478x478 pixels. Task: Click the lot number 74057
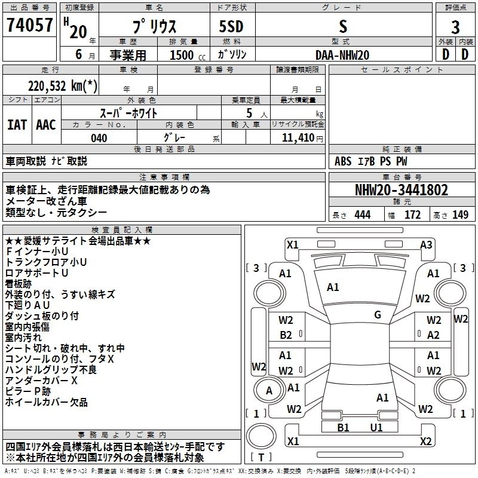pyautogui.click(x=29, y=25)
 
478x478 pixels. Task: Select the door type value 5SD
pyautogui.click(x=231, y=26)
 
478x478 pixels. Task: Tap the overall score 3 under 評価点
pyautogui.click(x=455, y=27)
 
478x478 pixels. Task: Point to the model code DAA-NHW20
pyautogui.click(x=342, y=55)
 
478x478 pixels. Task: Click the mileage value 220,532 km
pyautogui.click(x=63, y=86)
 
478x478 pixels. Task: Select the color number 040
pyautogui.click(x=99, y=138)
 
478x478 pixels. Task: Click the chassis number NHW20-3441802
pyautogui.click(x=402, y=190)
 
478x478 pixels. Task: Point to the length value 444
pyautogui.click(x=363, y=215)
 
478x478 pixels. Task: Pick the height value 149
pyautogui.click(x=460, y=215)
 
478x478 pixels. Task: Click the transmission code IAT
pyautogui.click(x=17, y=125)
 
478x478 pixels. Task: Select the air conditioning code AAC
pyautogui.click(x=46, y=125)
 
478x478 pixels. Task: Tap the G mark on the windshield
pyautogui.click(x=378, y=315)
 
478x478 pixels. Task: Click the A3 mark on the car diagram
pyautogui.click(x=426, y=245)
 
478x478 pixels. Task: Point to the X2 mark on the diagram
pyautogui.click(x=425, y=441)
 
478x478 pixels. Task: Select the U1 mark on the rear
pyautogui.click(x=376, y=428)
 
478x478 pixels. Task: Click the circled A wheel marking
pyautogui.click(x=269, y=391)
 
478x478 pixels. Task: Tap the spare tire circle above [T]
pyautogui.click(x=261, y=436)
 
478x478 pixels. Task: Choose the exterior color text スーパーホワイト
pyautogui.click(x=128, y=113)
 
